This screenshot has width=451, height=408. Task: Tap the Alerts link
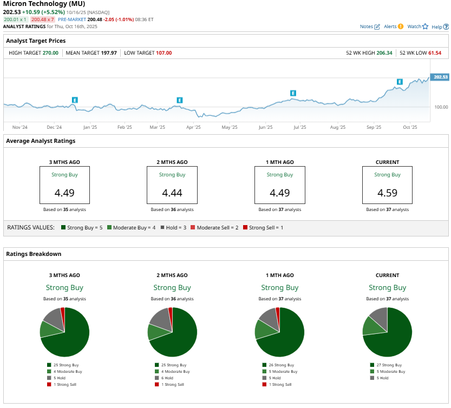pos(393,26)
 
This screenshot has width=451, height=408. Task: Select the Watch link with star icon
pos(417,26)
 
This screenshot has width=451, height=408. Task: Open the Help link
pos(440,26)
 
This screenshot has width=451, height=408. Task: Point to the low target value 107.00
pos(163,53)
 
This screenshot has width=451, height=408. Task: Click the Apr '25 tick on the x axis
pos(193,127)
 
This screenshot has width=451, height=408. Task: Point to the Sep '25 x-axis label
pos(374,127)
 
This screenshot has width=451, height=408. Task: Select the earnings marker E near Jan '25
pos(75,100)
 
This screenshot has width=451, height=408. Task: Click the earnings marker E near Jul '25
pos(293,93)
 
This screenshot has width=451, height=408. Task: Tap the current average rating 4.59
pos(387,192)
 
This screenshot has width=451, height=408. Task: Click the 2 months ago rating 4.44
pos(172,192)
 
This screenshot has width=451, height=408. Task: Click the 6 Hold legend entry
pos(167,378)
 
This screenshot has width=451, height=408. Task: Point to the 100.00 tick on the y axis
pos(441,107)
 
